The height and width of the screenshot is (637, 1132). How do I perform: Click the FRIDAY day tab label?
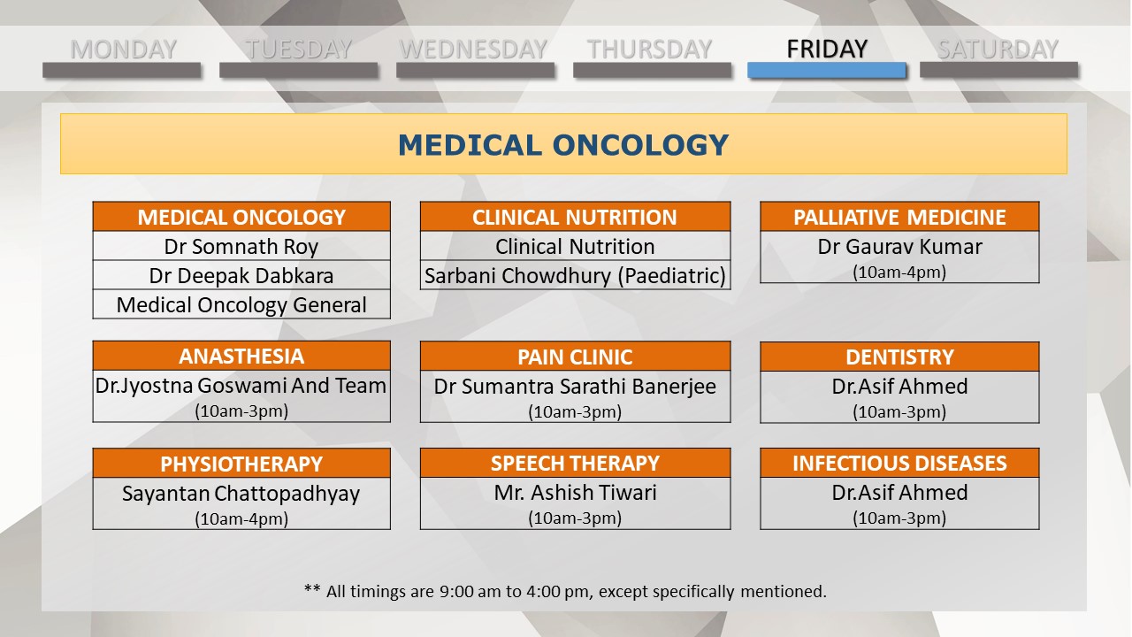click(827, 49)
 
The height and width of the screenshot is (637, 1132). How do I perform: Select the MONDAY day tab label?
click(123, 50)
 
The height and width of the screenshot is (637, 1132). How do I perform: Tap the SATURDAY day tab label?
click(998, 50)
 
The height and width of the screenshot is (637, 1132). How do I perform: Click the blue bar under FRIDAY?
click(827, 70)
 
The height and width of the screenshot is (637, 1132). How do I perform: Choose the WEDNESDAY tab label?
click(473, 50)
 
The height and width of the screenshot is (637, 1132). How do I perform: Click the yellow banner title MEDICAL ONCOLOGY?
click(563, 145)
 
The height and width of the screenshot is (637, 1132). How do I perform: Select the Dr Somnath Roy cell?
click(241, 246)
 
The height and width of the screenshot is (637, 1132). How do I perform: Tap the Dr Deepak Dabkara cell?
click(241, 275)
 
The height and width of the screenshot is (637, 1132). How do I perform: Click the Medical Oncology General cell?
click(241, 304)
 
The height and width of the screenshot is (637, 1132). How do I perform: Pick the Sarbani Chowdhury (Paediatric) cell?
click(575, 275)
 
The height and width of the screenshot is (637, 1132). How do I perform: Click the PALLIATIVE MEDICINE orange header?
click(899, 217)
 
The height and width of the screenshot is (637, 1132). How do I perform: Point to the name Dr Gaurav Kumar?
click(899, 247)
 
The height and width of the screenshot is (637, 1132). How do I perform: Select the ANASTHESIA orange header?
click(241, 356)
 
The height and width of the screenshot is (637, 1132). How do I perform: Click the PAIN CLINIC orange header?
click(575, 357)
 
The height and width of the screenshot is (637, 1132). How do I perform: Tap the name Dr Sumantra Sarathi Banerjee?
click(575, 387)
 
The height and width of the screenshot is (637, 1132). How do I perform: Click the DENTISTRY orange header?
click(899, 357)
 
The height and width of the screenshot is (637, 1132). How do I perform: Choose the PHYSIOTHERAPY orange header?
click(241, 464)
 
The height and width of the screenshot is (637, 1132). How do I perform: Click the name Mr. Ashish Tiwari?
click(575, 493)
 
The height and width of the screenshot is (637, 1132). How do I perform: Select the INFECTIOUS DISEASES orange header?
click(899, 463)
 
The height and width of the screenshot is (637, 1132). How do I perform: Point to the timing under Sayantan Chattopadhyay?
click(241, 518)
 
